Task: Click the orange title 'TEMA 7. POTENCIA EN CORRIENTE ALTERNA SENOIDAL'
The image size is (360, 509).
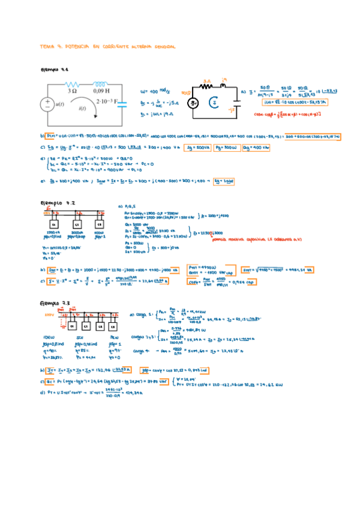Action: (107, 46)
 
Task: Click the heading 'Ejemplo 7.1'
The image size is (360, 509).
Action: (55, 69)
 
